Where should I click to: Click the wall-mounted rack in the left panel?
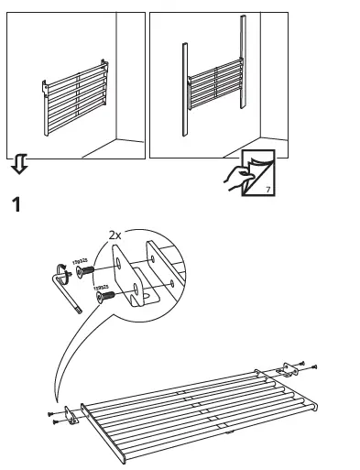tap(75, 96)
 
